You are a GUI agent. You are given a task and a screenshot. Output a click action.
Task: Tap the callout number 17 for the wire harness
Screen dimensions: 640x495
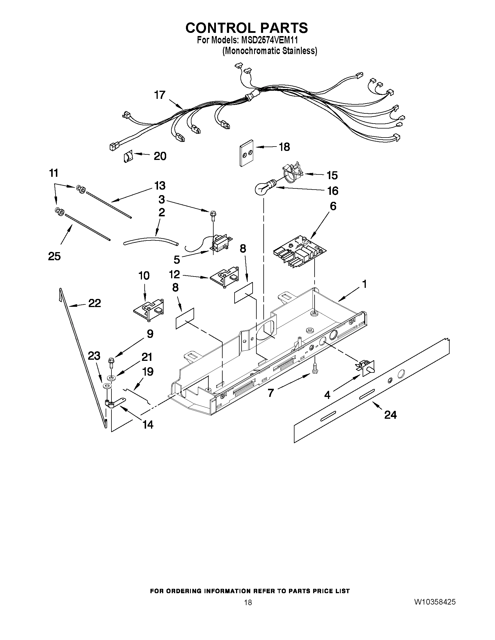tap(160, 95)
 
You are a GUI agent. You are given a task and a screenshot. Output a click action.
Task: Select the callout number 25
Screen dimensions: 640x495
tap(54, 256)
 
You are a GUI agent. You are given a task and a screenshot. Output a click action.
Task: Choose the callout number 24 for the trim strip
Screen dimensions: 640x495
tap(391, 415)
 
